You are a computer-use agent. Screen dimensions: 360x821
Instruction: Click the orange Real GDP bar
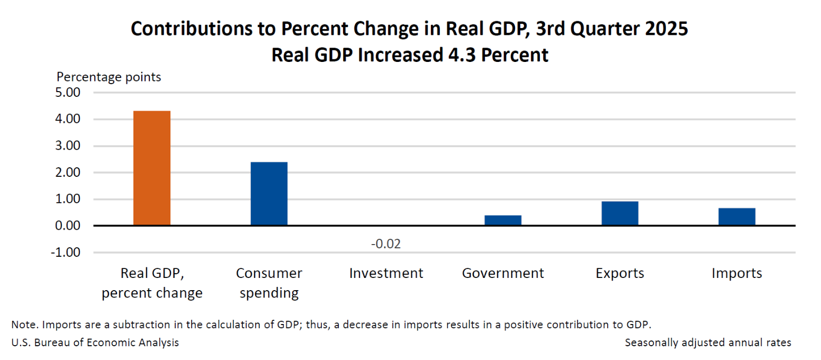pos(152,168)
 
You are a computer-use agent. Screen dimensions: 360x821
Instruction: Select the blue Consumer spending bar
pos(269,194)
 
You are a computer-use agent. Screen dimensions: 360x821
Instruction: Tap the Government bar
pos(503,220)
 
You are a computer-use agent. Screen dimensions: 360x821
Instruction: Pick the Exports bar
pos(620,213)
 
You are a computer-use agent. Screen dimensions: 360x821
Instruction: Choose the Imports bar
pos(737,217)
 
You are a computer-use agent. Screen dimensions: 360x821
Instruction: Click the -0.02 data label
pos(386,244)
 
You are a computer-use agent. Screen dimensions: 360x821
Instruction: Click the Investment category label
pos(386,273)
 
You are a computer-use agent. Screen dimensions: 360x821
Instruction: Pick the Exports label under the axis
pos(620,273)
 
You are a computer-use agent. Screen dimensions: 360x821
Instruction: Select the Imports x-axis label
pos(737,273)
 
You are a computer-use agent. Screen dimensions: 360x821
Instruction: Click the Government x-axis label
pos(503,273)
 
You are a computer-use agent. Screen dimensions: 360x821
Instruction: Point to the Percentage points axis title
pos(109,77)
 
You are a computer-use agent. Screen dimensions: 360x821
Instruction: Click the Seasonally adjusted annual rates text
pos(708,343)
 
